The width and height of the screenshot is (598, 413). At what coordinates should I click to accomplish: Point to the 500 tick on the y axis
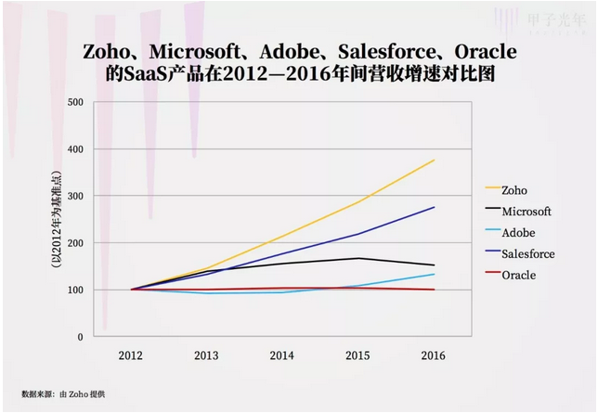(75, 102)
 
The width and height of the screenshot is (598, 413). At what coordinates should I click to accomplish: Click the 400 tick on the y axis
(75, 149)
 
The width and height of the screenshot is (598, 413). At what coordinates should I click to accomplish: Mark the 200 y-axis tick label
(75, 243)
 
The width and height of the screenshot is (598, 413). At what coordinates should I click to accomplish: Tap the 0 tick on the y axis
(81, 337)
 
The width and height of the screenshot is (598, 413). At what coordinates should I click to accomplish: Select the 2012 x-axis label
(131, 355)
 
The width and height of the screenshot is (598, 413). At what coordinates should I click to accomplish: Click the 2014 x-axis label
(282, 355)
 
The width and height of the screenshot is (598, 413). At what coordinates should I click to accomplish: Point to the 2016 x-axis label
(433, 355)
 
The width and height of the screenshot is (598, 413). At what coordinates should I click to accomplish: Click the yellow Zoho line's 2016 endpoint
(434, 161)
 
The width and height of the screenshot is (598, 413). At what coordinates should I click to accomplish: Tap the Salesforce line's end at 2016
(434, 207)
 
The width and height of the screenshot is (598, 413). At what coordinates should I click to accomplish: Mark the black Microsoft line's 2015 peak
(358, 258)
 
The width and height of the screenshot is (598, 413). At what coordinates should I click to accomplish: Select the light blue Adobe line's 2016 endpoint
(434, 274)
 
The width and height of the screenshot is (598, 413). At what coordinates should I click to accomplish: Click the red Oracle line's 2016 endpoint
(434, 290)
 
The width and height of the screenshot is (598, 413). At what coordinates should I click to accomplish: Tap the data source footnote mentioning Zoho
(63, 394)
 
